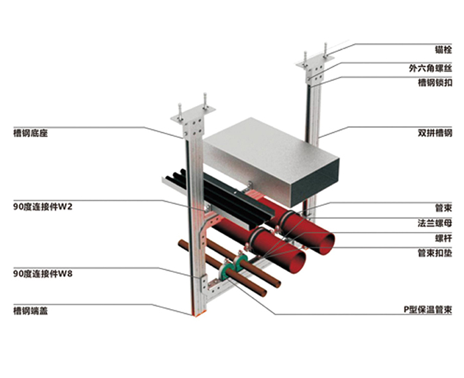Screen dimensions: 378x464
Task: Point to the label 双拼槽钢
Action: pyautogui.click(x=435, y=133)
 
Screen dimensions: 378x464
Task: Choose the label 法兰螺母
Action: pyautogui.click(x=435, y=223)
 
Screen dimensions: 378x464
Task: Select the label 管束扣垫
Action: pyautogui.click(x=435, y=253)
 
